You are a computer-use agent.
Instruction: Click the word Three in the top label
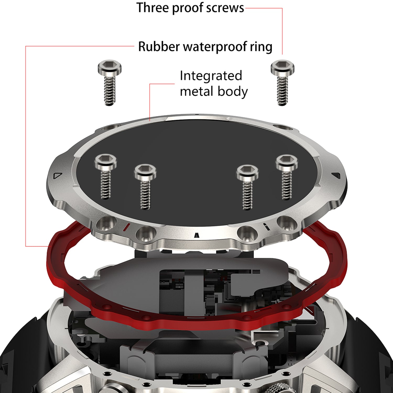(x=152, y=8)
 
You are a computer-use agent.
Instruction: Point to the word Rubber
(x=159, y=47)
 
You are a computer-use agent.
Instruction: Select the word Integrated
(x=211, y=76)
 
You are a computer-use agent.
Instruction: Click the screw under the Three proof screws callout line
(x=282, y=83)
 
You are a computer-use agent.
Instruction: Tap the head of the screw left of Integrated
(x=109, y=67)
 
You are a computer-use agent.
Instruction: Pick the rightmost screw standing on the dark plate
(x=287, y=177)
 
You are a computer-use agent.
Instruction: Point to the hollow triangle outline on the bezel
(x=57, y=176)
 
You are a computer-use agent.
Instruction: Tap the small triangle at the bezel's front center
(x=196, y=234)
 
